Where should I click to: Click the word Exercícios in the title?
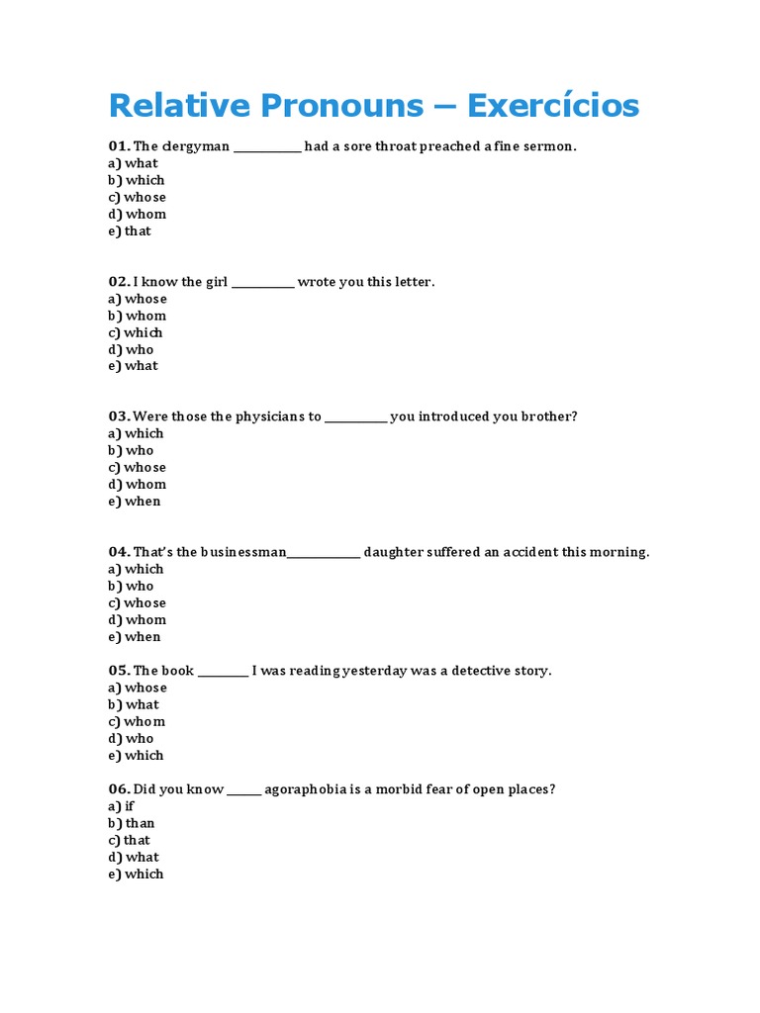(x=553, y=105)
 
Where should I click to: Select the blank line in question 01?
(x=267, y=147)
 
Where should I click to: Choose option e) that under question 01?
(x=130, y=230)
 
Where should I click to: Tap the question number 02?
(x=119, y=282)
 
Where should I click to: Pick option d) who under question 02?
(x=131, y=349)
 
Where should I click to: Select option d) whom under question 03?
(x=137, y=484)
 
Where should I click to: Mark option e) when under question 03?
(x=134, y=501)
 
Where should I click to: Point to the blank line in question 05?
(x=223, y=672)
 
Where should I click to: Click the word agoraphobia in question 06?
(x=306, y=789)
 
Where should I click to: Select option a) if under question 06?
(x=122, y=806)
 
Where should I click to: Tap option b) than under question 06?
(x=132, y=823)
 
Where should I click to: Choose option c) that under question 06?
(x=130, y=840)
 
